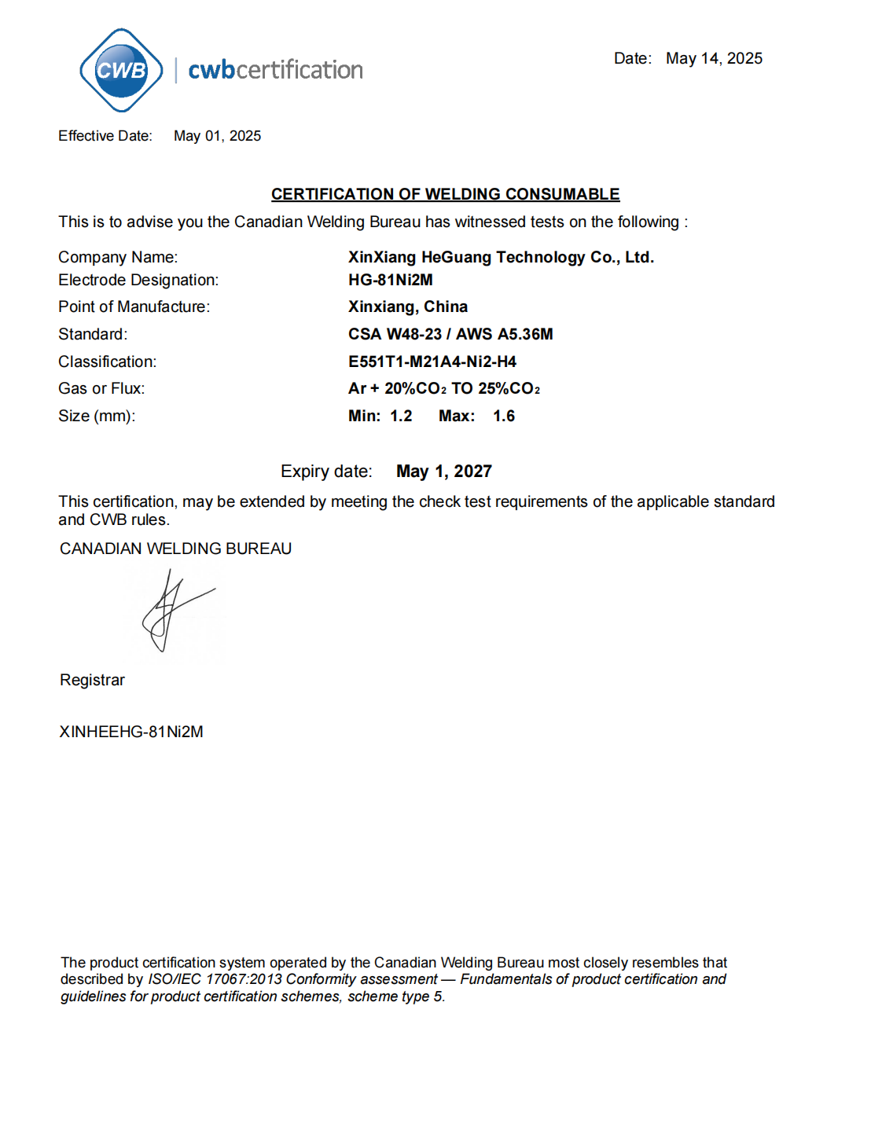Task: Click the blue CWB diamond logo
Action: pos(121,70)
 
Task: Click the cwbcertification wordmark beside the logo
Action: pos(275,70)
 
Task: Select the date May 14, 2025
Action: pos(714,58)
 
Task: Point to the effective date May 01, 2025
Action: pos(217,136)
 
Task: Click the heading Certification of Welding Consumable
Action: pos(445,194)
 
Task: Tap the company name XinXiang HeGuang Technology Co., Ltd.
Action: pos(501,257)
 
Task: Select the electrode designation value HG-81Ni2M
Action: pos(391,280)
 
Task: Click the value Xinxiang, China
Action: pos(408,307)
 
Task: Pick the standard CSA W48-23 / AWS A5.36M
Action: pos(450,334)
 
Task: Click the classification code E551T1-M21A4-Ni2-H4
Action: pos(432,362)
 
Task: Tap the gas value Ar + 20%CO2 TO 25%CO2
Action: pos(444,388)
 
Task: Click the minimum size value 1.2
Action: pos(401,416)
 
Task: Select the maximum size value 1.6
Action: pos(504,416)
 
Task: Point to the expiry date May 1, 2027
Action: pos(444,472)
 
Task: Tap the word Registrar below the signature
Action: pos(92,680)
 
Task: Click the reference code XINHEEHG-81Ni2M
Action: pos(131,732)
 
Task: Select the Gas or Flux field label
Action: pos(101,388)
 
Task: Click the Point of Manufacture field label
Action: pos(134,307)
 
